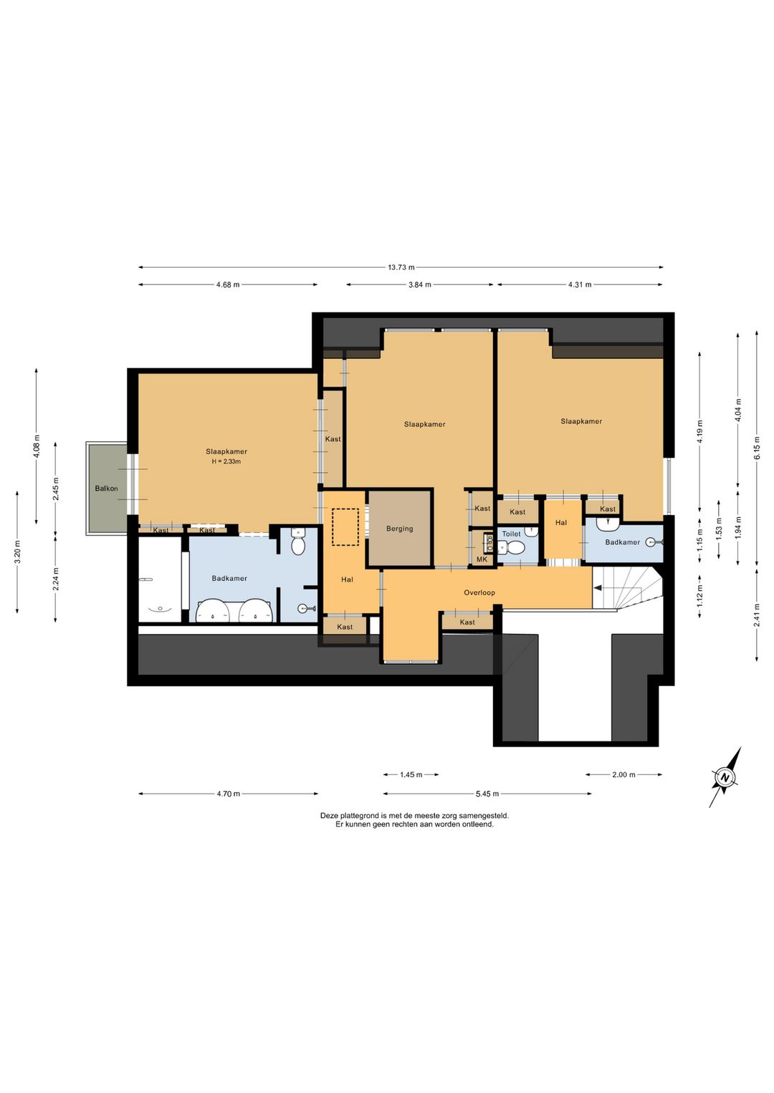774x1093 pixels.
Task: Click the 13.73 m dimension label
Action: pyautogui.click(x=401, y=267)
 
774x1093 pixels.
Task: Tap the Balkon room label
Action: pyautogui.click(x=106, y=488)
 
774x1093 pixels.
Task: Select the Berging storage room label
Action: pyautogui.click(x=399, y=529)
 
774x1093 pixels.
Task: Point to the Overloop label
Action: pyautogui.click(x=479, y=592)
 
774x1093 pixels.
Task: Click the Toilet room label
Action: pyautogui.click(x=511, y=534)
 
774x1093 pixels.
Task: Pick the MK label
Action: pyautogui.click(x=482, y=559)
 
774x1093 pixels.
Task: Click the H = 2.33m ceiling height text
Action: pyautogui.click(x=226, y=461)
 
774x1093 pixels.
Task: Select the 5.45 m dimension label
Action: pyautogui.click(x=487, y=794)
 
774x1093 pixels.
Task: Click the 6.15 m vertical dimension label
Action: pyautogui.click(x=757, y=448)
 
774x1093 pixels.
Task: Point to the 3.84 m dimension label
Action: pyautogui.click(x=420, y=284)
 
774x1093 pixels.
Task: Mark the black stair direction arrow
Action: pyautogui.click(x=597, y=589)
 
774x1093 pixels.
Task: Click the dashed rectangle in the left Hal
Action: pyautogui.click(x=345, y=527)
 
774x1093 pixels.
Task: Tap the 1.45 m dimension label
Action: pyautogui.click(x=411, y=774)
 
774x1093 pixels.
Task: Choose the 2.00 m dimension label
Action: pyautogui.click(x=623, y=774)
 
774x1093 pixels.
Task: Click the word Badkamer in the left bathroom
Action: pyautogui.click(x=229, y=578)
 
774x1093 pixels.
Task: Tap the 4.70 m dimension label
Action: pyautogui.click(x=229, y=794)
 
